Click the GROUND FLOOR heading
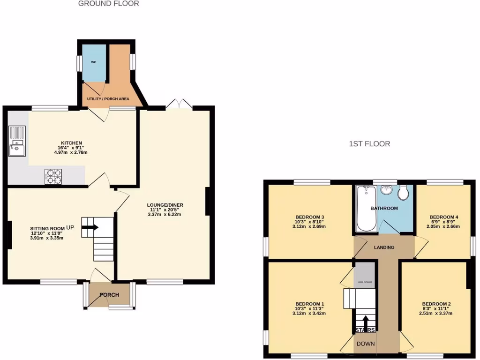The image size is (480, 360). (108, 4)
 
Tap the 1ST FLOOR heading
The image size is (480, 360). (369, 144)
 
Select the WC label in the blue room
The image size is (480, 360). (94, 62)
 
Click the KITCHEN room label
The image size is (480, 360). (72, 143)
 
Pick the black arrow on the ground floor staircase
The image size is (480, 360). (90, 228)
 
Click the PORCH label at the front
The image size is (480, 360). (109, 295)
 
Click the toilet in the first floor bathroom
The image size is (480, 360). (404, 193)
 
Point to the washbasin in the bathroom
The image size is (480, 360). (387, 190)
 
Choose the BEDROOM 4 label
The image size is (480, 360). (444, 217)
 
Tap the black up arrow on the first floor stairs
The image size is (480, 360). (365, 322)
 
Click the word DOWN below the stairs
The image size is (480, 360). (366, 344)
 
